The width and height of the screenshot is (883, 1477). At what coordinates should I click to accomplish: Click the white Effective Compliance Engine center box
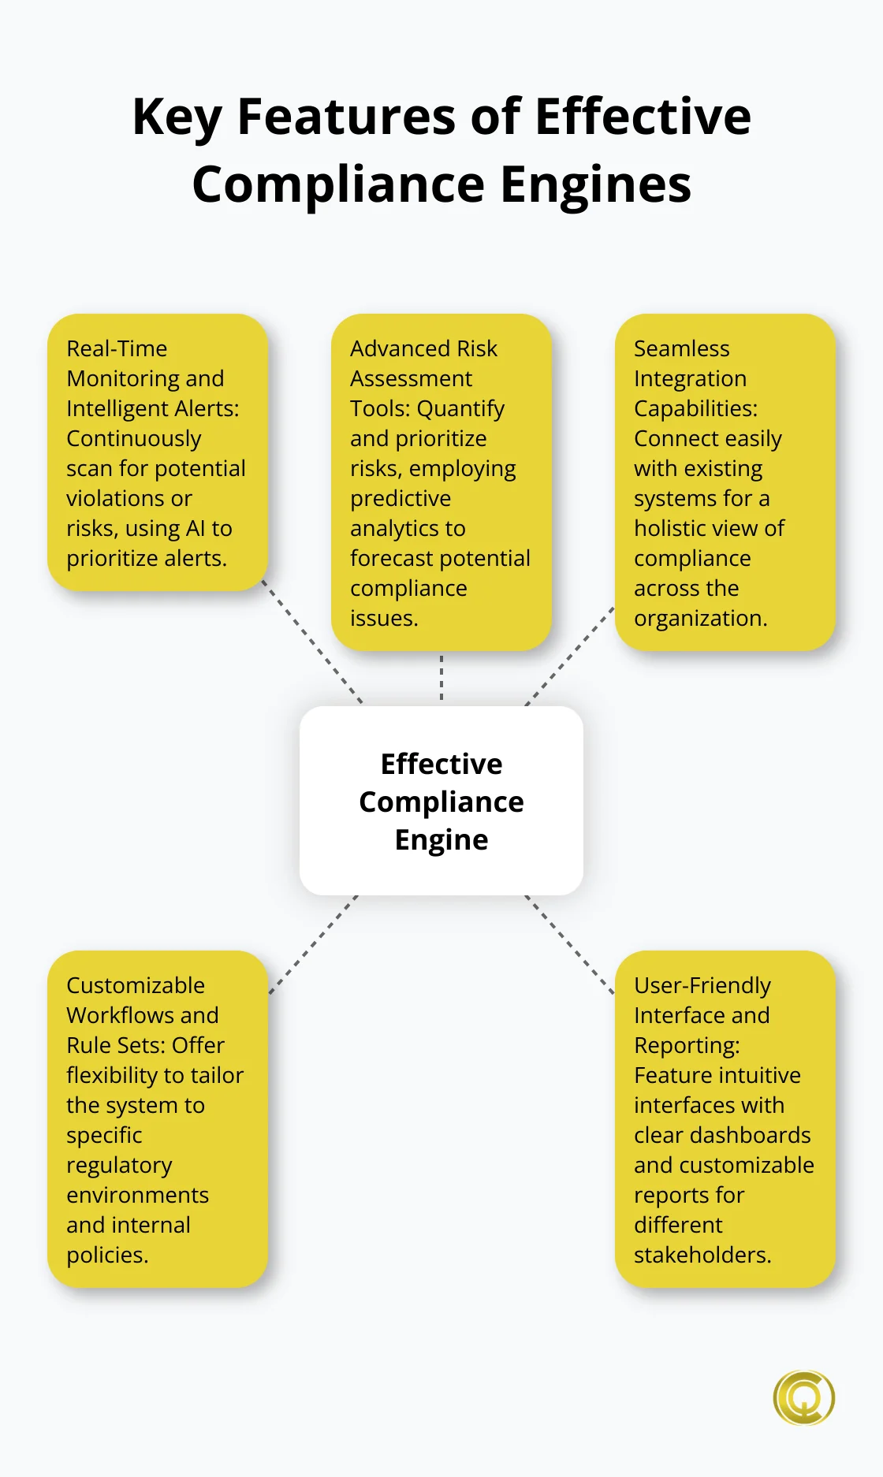point(441,801)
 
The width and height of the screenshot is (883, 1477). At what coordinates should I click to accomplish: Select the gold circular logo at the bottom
point(803,1397)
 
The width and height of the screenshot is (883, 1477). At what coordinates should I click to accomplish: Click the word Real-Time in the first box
point(117,348)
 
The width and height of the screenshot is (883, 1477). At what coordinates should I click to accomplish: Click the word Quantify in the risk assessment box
point(460,409)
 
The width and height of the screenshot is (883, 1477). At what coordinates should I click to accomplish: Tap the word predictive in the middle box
point(401,499)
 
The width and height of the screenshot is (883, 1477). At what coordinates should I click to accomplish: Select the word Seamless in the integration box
point(681,348)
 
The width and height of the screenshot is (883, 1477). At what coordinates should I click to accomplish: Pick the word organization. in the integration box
point(700,619)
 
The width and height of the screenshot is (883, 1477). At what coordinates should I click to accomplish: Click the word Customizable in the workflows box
point(136,985)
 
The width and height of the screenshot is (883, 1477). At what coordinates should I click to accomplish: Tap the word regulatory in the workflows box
point(119,1166)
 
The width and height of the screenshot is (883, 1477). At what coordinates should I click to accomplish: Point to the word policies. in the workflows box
point(107,1255)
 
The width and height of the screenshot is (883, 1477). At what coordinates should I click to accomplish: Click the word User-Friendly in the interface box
point(702,985)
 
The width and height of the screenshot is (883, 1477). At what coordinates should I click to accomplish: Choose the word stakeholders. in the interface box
point(702,1255)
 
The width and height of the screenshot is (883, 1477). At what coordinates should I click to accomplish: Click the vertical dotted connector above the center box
point(441,678)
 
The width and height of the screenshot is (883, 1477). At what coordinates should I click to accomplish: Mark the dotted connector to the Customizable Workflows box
point(313,944)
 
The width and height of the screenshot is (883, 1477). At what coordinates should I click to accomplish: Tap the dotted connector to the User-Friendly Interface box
point(569,944)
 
